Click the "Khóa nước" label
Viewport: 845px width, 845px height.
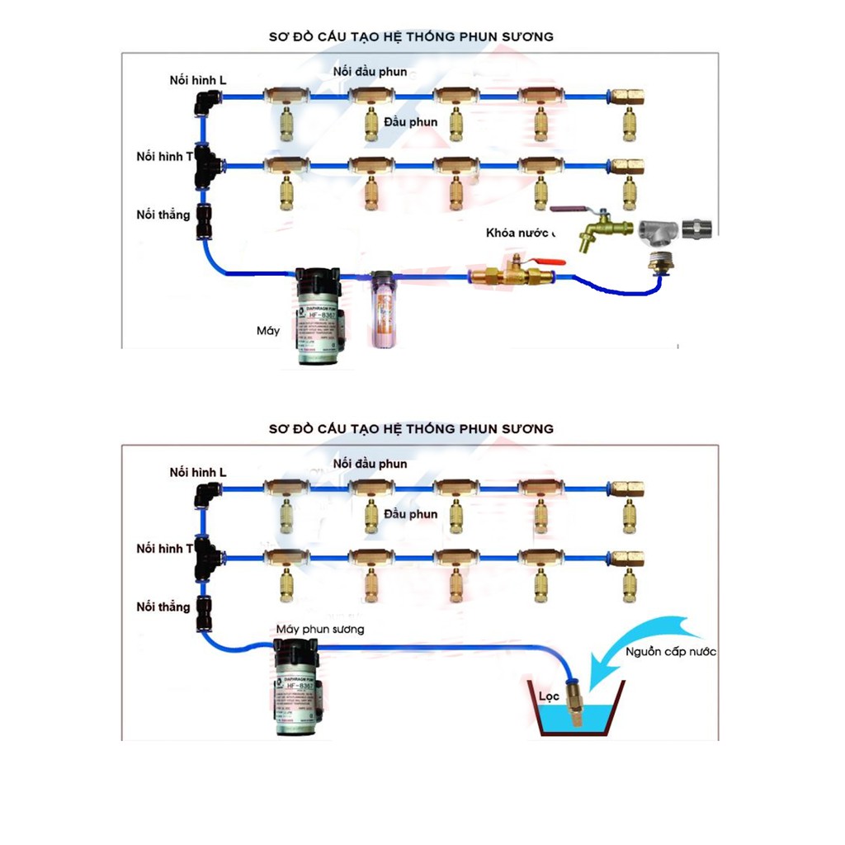(x=521, y=233)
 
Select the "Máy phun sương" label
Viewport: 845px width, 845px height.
(x=320, y=629)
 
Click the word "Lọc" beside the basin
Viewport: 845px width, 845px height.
(x=550, y=697)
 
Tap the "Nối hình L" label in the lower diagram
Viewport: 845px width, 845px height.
(x=198, y=473)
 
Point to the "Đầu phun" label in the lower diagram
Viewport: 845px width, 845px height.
(x=411, y=514)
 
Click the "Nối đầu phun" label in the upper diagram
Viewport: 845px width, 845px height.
(x=370, y=72)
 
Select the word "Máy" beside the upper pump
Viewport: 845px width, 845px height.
(x=267, y=331)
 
